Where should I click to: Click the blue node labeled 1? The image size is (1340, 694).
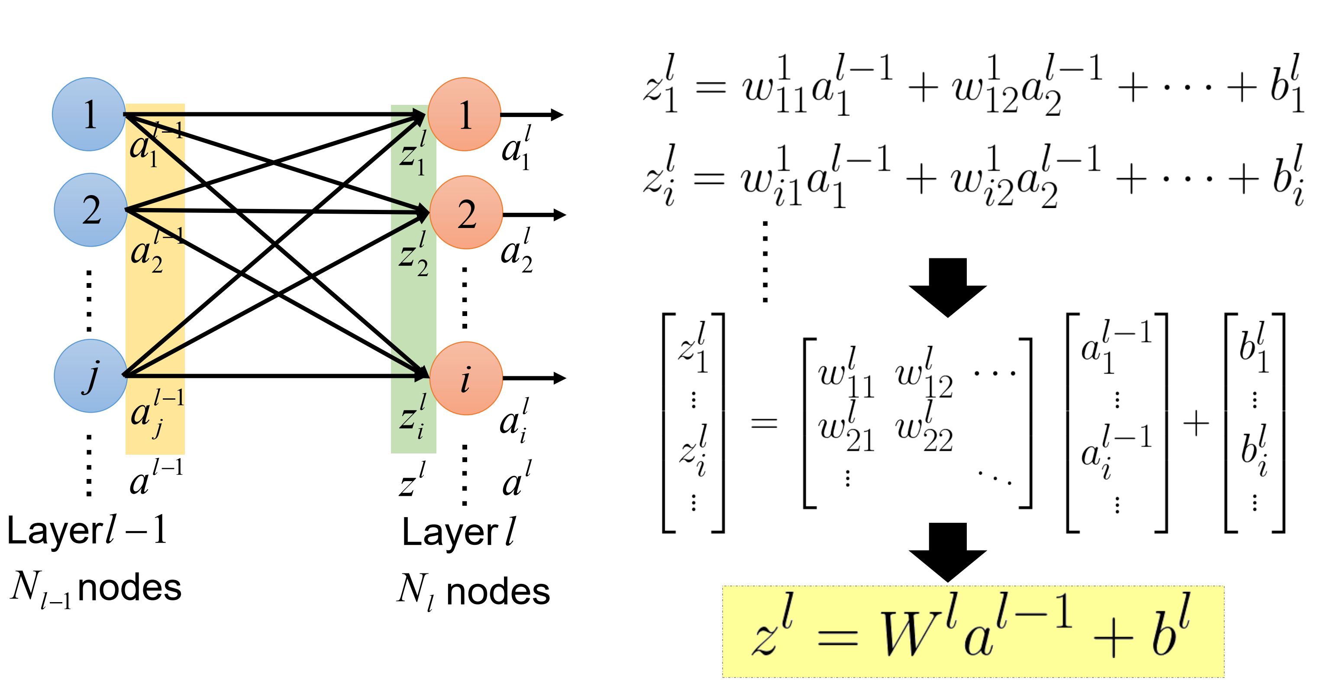pyautogui.click(x=89, y=114)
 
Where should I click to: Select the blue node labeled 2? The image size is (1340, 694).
pyautogui.click(x=91, y=210)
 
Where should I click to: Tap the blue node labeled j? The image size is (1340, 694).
pyautogui.click(x=91, y=376)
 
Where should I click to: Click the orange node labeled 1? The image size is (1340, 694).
pyautogui.click(x=465, y=114)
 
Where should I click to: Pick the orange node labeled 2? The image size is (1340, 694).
pyautogui.click(x=466, y=212)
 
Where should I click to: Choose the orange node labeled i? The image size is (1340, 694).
pyautogui.click(x=466, y=378)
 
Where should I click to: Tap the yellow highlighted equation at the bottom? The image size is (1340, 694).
pyautogui.click(x=973, y=632)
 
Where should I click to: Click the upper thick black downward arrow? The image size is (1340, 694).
pyautogui.click(x=948, y=287)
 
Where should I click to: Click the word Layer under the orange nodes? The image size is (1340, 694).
pyautogui.click(x=450, y=533)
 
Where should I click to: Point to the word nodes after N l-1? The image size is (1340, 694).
pyautogui.click(x=129, y=588)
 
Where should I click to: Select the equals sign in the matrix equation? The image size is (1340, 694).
pyautogui.click(x=764, y=423)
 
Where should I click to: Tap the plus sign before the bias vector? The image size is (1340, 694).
pyautogui.click(x=1196, y=423)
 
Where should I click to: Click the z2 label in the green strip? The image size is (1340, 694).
pyautogui.click(x=413, y=255)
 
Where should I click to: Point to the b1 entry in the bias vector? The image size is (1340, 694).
pyautogui.click(x=1254, y=348)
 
